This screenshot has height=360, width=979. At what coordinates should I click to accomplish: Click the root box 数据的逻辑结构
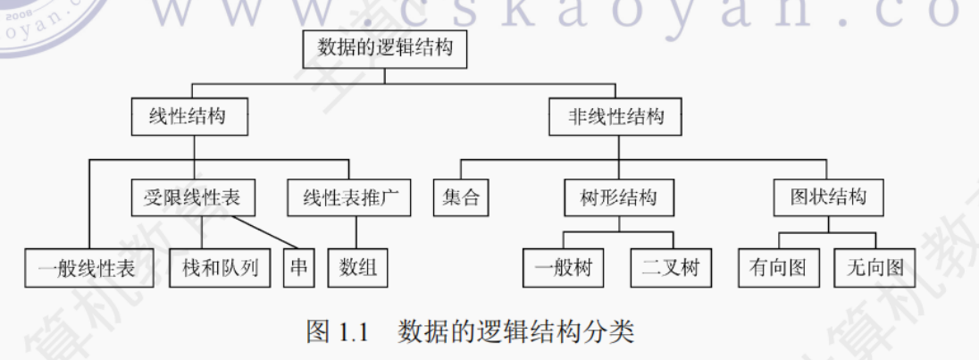(385, 48)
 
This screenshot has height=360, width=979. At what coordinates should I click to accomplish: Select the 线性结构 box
(187, 116)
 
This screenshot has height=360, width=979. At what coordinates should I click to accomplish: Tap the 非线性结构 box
(615, 116)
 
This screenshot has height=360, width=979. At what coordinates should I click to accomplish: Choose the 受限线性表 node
(192, 197)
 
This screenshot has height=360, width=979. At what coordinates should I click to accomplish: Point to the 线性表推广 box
(348, 197)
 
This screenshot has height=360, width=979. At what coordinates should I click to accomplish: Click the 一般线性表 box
(88, 267)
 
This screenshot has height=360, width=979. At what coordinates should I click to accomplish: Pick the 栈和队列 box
(220, 267)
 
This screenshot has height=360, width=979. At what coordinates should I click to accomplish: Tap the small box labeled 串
(299, 267)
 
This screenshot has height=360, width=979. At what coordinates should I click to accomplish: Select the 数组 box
(358, 267)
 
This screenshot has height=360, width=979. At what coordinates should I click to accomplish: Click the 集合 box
(461, 197)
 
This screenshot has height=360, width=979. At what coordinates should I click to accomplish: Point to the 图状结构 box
(828, 197)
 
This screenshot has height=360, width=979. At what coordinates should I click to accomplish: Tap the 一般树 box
(564, 267)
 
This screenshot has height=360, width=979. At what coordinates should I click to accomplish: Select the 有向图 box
(778, 267)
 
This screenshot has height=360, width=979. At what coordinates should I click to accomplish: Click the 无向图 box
(874, 267)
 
